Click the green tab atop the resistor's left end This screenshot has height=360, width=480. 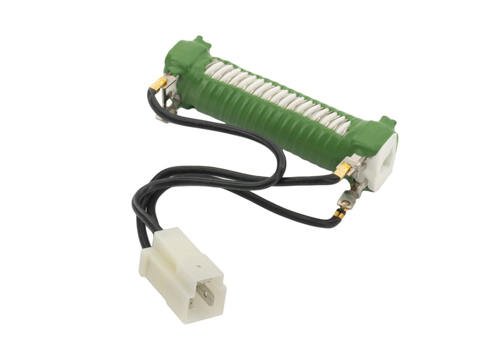point(197,43)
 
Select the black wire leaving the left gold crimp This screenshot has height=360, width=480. point(151,102)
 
